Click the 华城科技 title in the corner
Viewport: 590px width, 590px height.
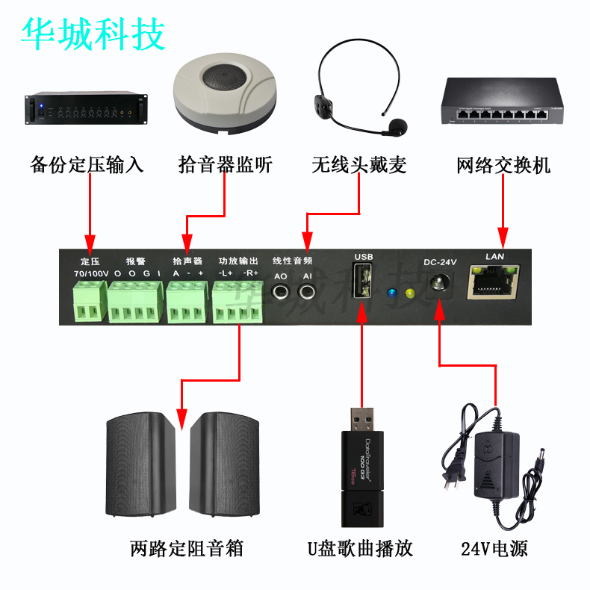93,34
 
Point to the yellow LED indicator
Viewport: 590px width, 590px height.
409,294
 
